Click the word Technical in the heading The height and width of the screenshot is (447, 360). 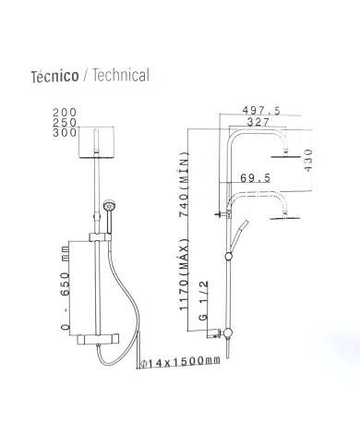(x=118, y=76)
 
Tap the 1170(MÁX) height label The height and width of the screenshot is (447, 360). (x=183, y=280)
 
